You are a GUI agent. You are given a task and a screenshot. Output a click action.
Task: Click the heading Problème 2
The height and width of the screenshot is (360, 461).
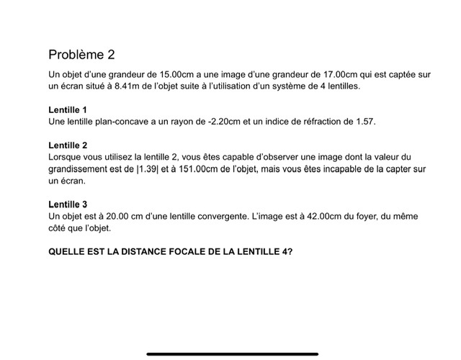point(81,55)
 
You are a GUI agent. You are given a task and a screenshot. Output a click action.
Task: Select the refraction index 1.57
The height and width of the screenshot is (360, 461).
point(366,122)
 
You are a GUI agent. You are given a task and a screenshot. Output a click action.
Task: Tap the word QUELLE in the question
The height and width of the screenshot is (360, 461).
point(66,251)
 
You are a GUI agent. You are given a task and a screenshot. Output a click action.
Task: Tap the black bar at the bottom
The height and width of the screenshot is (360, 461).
point(232,354)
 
